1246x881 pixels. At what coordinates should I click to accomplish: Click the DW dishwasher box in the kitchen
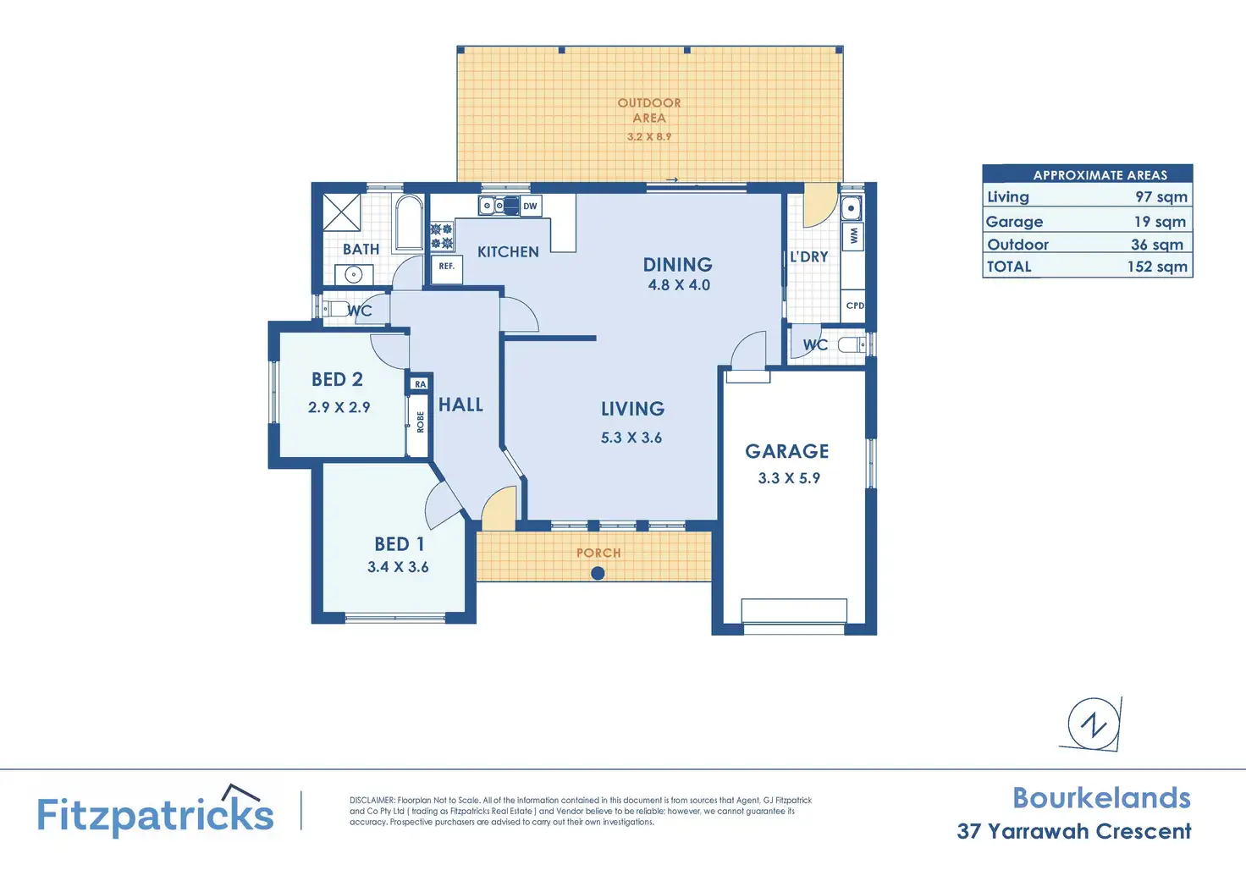coord(530,206)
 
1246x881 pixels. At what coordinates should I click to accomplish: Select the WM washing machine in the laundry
coord(853,236)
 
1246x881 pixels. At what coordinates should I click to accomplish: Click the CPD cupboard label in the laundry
coord(855,306)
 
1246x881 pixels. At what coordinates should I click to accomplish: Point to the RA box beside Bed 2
coord(420,383)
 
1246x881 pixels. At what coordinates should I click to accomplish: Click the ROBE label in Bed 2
coord(420,421)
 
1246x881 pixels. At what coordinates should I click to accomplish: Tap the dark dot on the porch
coord(598,573)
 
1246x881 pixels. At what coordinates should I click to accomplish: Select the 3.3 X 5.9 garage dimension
coord(789,478)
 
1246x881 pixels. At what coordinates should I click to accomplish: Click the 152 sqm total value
coord(1157,267)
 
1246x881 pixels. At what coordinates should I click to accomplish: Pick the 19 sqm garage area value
coord(1160,222)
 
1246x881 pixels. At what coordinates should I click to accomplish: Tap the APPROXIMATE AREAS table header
coord(1100,175)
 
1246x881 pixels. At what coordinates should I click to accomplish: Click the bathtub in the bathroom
coord(409,223)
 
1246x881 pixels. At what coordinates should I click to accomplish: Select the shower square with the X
coord(341,212)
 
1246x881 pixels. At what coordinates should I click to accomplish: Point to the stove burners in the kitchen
coord(441,236)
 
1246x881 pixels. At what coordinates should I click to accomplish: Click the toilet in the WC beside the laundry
coord(852,344)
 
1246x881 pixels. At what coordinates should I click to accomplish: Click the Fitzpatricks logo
coord(155,812)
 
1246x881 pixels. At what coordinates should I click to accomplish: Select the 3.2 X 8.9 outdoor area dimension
coord(649,136)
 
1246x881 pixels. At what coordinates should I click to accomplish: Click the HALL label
coord(460,405)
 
